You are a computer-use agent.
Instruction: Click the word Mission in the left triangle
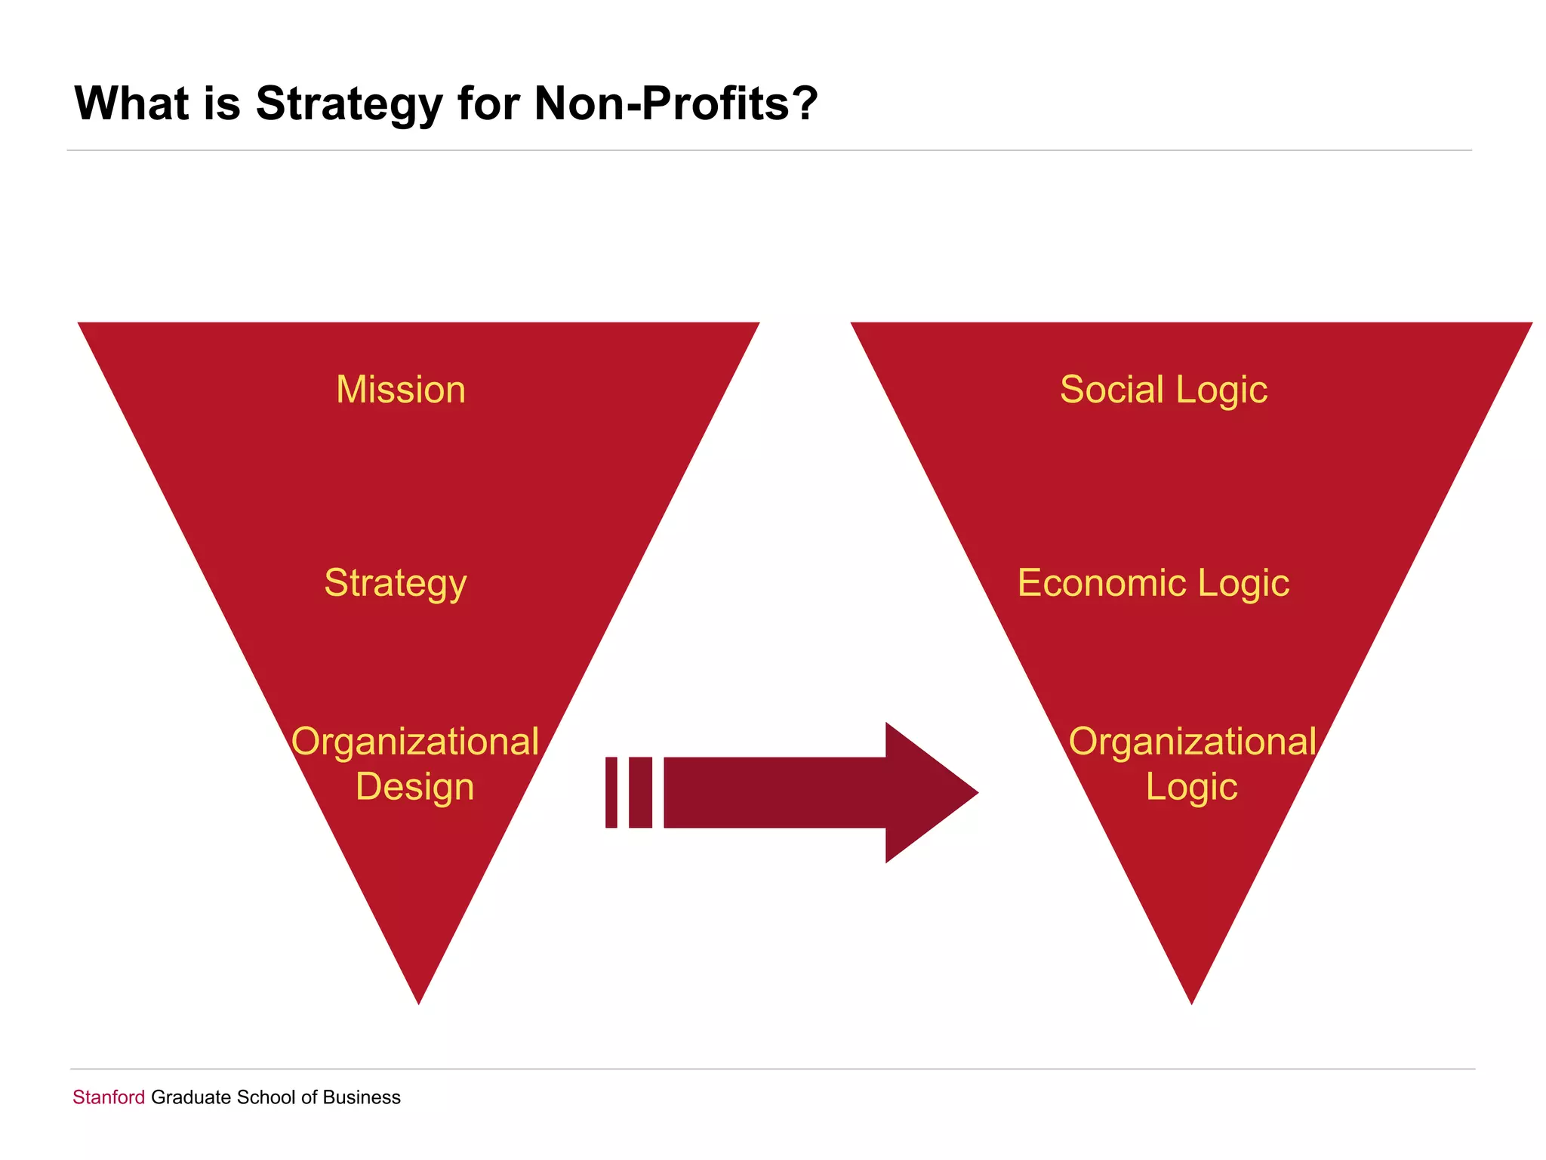click(401, 390)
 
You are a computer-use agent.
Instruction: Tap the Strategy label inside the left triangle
click(396, 583)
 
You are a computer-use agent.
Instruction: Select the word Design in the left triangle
click(415, 786)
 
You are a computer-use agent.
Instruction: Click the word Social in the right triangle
click(1111, 390)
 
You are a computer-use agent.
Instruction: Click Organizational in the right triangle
click(1192, 742)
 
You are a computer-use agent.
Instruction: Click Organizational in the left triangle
click(415, 742)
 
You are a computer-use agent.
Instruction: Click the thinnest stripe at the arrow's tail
click(611, 792)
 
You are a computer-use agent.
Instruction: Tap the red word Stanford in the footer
click(109, 1097)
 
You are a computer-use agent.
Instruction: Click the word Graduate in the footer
click(191, 1097)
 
